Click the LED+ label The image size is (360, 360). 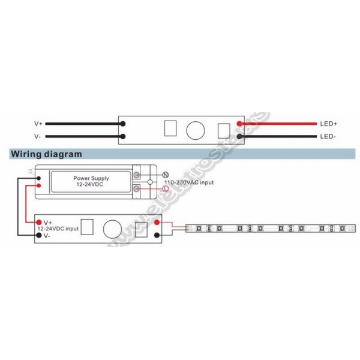tap(329, 124)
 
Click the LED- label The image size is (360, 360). tap(328, 136)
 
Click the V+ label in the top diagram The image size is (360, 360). tap(38, 124)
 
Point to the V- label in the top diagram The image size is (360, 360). tap(38, 136)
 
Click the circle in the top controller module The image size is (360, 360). tap(195, 130)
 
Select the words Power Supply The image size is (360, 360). tap(89, 178)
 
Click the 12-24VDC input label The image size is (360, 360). tap(58, 229)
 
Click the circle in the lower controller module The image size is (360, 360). tap(112, 229)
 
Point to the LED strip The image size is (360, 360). tap(270, 229)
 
